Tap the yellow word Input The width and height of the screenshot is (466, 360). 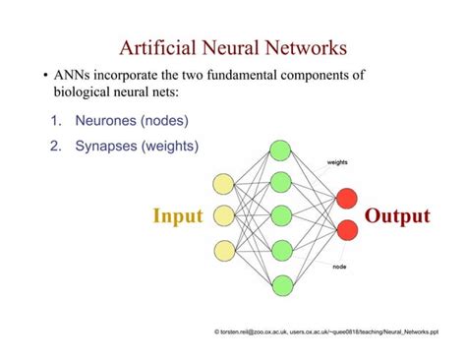pyautogui.click(x=177, y=216)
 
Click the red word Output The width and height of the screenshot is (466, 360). pyautogui.click(x=397, y=216)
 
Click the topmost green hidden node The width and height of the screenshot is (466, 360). pyautogui.click(x=281, y=150)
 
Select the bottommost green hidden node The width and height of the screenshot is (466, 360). pyautogui.click(x=281, y=285)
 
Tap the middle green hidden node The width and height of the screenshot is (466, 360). pyautogui.click(x=281, y=216)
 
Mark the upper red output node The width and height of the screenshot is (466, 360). pyautogui.click(x=345, y=199)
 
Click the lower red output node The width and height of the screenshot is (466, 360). pyautogui.click(x=345, y=232)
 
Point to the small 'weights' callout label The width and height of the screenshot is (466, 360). pyautogui.click(x=336, y=161)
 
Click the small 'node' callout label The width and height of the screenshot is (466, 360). pyautogui.click(x=338, y=268)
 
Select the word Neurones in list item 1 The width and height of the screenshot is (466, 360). pyautogui.click(x=107, y=121)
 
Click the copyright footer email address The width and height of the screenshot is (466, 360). pyautogui.click(x=262, y=333)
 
